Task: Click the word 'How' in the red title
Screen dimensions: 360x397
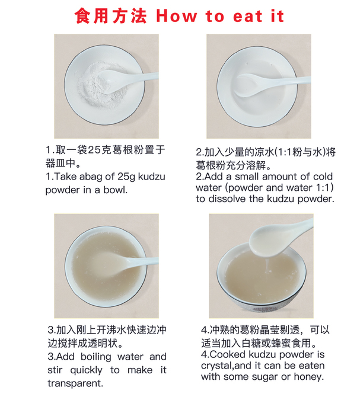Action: tap(176, 16)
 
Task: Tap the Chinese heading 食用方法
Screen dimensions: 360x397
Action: tap(111, 16)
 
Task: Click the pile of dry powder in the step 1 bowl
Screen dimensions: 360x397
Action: tap(101, 85)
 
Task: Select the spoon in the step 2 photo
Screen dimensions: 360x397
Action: tap(271, 84)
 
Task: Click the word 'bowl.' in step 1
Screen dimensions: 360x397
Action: tap(115, 190)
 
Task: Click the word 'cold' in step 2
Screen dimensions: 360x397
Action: tap(323, 177)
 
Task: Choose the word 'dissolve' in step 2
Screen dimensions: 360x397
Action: tap(228, 198)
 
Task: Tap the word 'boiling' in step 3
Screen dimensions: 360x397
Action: tap(95, 357)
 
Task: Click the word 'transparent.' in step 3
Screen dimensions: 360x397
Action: tap(75, 383)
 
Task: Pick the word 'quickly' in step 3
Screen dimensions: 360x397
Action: tap(86, 370)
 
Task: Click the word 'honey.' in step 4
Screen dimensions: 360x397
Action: tap(309, 377)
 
